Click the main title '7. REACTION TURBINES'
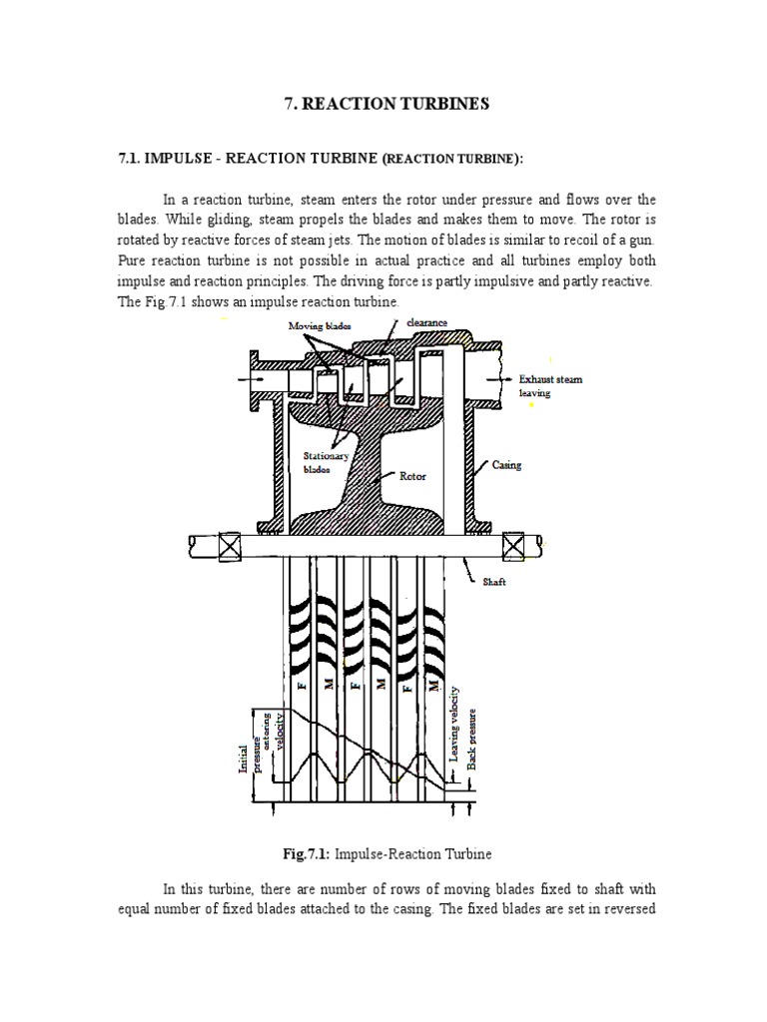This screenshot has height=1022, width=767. click(x=383, y=104)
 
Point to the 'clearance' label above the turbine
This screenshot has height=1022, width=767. click(x=427, y=322)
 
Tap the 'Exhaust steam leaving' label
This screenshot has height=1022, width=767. click(x=549, y=386)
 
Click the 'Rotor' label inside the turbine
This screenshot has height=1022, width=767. click(x=413, y=477)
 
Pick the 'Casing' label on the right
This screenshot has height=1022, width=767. click(x=506, y=465)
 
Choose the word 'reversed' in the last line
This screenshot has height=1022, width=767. click(x=626, y=907)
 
